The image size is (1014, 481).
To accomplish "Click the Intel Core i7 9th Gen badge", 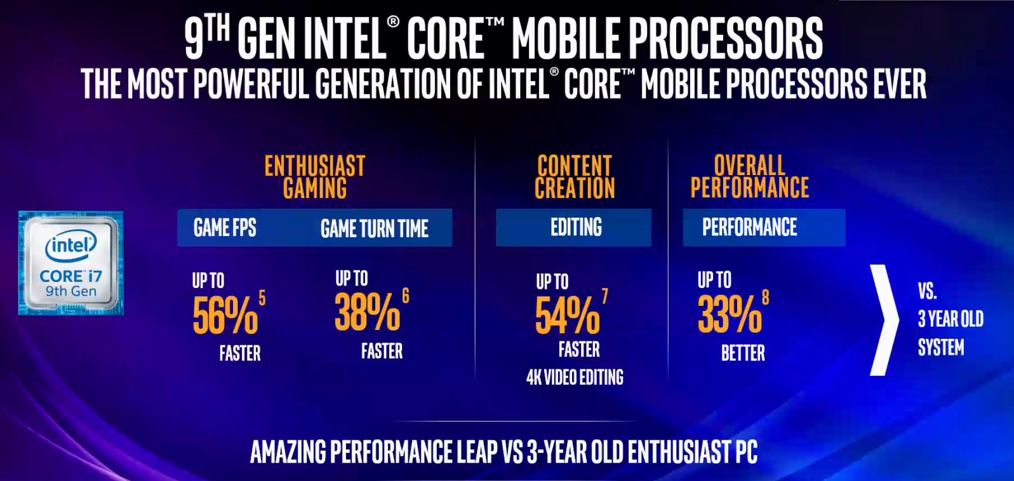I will pyautogui.click(x=71, y=263).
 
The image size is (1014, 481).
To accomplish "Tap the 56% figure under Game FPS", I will pyautogui.click(x=225, y=315).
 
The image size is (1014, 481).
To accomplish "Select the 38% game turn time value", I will pyautogui.click(x=367, y=312).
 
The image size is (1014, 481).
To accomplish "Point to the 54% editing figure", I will pyautogui.click(x=567, y=316).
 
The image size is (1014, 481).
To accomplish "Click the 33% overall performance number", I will pyautogui.click(x=729, y=315).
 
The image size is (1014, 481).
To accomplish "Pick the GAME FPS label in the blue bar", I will pyautogui.click(x=225, y=228).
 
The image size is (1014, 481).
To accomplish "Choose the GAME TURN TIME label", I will pyautogui.click(x=374, y=228).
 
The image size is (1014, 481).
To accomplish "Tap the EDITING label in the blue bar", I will pyautogui.click(x=576, y=227).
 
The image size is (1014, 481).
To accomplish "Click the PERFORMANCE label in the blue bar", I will pyautogui.click(x=749, y=227).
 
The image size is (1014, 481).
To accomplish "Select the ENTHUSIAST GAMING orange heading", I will pyautogui.click(x=315, y=177).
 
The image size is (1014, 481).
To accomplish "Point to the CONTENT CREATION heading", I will pyautogui.click(x=575, y=177).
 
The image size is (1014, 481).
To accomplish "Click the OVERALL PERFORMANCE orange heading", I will pyautogui.click(x=749, y=176).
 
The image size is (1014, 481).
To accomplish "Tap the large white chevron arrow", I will pyautogui.click(x=883, y=320).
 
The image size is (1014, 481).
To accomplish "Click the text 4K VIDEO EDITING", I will pyautogui.click(x=575, y=378).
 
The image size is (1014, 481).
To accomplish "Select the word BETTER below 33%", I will pyautogui.click(x=743, y=353).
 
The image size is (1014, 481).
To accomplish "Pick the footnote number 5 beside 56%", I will pyautogui.click(x=262, y=298).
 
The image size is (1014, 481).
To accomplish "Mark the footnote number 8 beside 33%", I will pyautogui.click(x=765, y=297).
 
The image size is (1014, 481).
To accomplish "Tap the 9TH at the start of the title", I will pyautogui.click(x=206, y=37).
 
